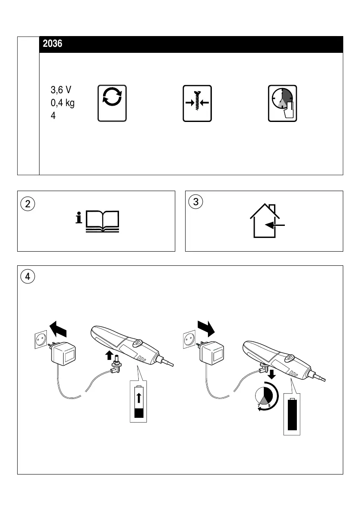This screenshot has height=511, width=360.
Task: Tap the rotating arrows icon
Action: pos(112,103)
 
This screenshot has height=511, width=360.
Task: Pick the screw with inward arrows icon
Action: pos(197,103)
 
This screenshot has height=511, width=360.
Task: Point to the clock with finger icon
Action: pos(282,103)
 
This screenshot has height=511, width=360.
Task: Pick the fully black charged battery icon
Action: pos(293,414)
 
